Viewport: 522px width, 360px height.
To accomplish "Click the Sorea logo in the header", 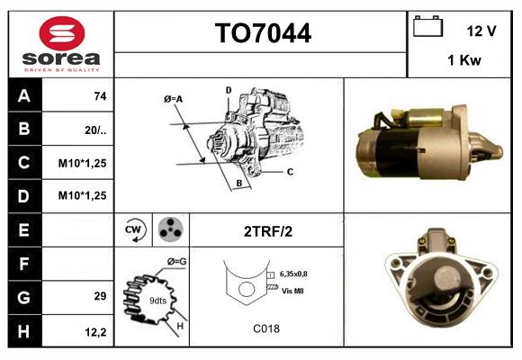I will (x=61, y=45).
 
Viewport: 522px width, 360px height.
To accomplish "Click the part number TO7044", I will (x=263, y=34).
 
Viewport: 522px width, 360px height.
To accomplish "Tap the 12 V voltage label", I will (x=481, y=30).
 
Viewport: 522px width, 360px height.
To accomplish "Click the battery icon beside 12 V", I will (x=427, y=27).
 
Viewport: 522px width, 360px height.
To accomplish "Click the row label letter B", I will (x=23, y=130).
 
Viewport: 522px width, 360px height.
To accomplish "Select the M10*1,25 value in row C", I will (x=84, y=163).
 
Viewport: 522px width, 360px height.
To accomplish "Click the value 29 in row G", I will (x=99, y=295).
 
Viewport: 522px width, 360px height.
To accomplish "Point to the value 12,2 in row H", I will (x=96, y=332).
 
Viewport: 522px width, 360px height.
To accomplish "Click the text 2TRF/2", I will (x=267, y=231).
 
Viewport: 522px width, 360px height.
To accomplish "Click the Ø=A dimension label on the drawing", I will (x=174, y=99).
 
